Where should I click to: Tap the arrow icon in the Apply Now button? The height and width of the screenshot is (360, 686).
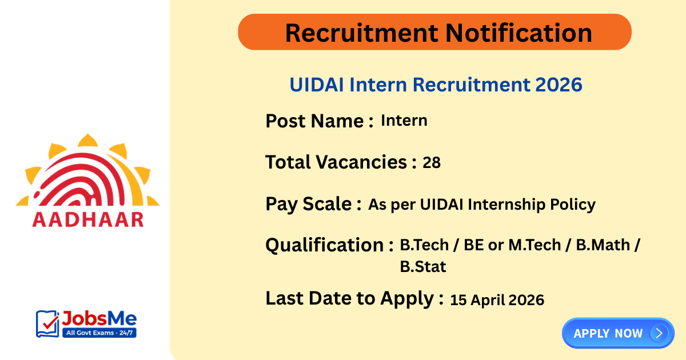click(x=659, y=333)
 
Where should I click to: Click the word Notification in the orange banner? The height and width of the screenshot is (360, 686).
click(x=519, y=33)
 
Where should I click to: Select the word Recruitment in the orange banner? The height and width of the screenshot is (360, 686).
click(x=361, y=33)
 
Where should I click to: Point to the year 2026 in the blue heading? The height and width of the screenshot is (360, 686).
click(x=559, y=85)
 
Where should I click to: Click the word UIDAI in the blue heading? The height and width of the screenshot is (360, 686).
click(x=317, y=85)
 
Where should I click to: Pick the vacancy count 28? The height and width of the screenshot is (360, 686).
click(x=432, y=163)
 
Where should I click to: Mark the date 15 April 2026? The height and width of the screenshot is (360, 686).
click(x=497, y=300)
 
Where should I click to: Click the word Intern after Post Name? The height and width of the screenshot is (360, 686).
click(x=404, y=121)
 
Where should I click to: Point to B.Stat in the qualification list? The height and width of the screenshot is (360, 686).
click(x=423, y=266)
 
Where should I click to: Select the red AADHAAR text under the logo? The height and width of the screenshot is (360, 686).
click(x=88, y=220)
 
